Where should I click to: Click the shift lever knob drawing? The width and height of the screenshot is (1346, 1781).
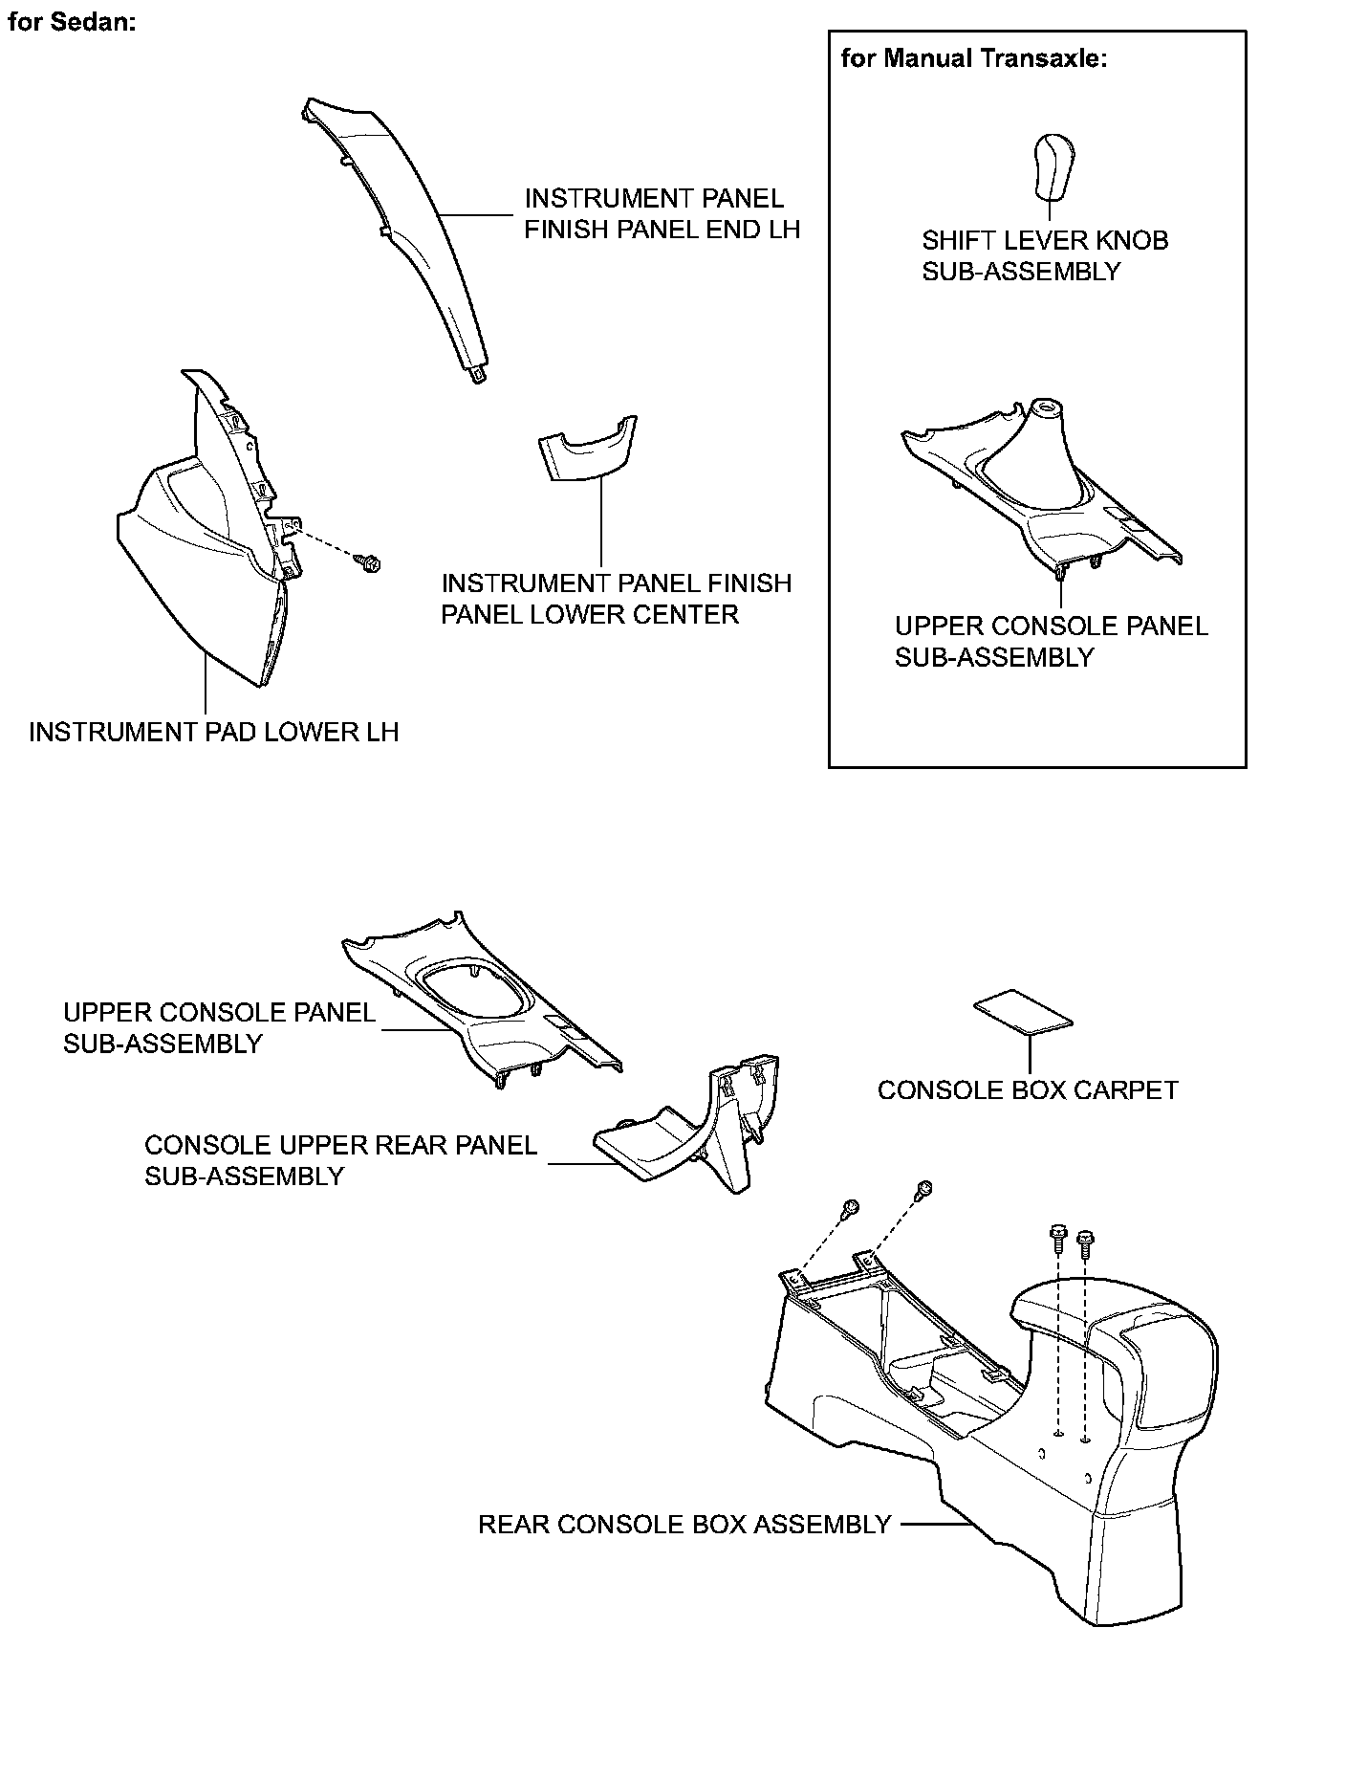1053,165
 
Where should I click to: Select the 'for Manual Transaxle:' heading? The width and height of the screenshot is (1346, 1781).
973,59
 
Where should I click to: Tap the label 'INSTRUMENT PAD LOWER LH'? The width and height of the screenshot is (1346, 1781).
213,733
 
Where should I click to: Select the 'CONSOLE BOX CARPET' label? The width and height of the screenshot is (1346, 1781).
1027,1090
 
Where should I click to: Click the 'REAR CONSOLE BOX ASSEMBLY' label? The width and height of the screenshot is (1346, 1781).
684,1525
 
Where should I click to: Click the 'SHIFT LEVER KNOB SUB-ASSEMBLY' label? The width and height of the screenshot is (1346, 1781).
1044,255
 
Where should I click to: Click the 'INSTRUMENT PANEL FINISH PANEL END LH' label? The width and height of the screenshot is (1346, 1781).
662,214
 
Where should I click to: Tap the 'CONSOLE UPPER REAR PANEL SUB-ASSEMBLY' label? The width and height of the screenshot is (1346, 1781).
340,1160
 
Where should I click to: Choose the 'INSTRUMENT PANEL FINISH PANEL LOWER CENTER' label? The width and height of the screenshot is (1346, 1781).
616,599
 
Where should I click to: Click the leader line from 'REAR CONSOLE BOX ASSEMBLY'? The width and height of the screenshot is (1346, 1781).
932,1525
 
